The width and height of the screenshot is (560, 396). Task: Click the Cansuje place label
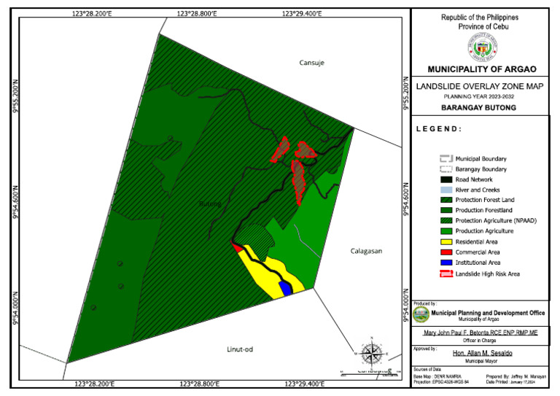pyautogui.click(x=311, y=63)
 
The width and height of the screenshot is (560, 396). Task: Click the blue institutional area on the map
pyautogui.click(x=287, y=288)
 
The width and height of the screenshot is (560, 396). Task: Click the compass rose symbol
pyautogui.click(x=372, y=355)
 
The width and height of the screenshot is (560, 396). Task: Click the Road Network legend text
pyautogui.click(x=474, y=179)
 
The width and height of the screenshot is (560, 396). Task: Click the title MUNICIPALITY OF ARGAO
pyautogui.click(x=481, y=69)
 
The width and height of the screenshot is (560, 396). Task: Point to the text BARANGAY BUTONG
pyautogui.click(x=481, y=107)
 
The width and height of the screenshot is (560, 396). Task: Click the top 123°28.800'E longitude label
pyautogui.click(x=198, y=13)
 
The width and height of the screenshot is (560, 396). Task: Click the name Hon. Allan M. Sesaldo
pyautogui.click(x=481, y=353)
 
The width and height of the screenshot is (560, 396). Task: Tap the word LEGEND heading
pyautogui.click(x=439, y=128)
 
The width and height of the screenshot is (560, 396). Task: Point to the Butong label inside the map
pyautogui.click(x=210, y=203)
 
